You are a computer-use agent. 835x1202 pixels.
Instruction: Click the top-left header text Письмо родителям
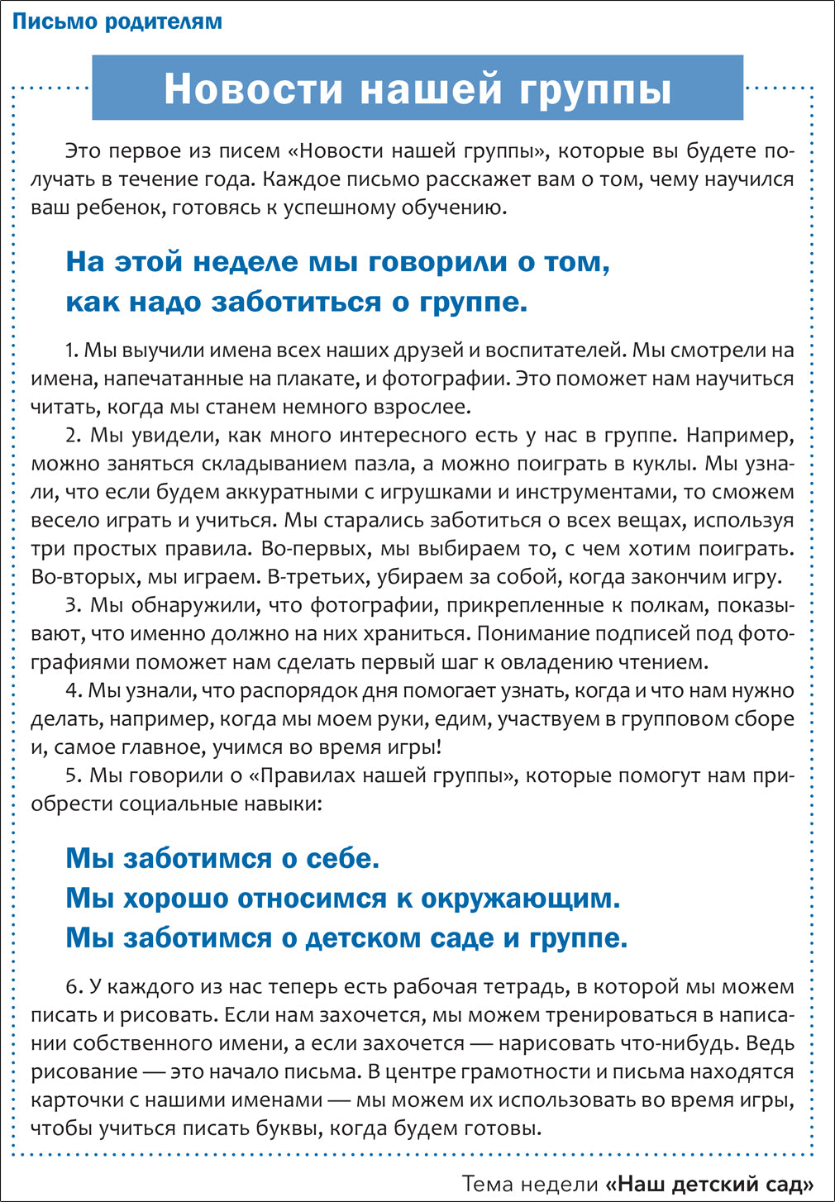click(117, 21)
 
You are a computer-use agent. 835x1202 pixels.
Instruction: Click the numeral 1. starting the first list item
click(72, 351)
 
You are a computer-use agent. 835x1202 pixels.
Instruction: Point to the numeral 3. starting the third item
click(73, 605)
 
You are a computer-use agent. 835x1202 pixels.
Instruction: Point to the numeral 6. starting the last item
click(73, 987)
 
